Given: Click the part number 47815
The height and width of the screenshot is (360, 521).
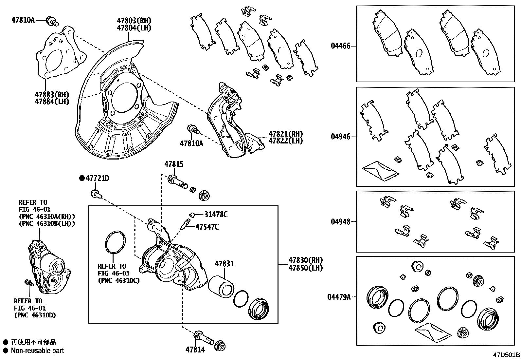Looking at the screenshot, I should coord(174,164).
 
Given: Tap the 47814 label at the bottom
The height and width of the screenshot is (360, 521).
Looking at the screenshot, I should coord(195,350).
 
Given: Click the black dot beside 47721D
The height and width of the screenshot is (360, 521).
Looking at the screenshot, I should coord(82,178).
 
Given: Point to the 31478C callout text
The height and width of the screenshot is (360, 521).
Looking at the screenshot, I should coord(216,215).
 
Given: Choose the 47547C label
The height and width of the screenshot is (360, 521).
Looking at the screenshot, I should coord(207,226).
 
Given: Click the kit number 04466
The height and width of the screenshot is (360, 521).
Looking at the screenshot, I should coord(340,46).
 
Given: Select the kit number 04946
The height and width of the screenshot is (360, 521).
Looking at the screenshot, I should coord(340,137).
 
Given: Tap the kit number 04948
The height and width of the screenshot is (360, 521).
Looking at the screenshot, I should coord(340,222).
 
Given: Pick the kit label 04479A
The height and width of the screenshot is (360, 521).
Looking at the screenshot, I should coord(339,297).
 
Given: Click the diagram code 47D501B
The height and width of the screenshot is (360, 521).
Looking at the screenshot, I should coord(507,355).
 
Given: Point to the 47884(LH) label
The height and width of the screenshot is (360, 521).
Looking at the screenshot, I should coord(52,102).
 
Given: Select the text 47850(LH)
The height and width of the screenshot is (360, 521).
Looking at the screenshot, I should coord(305,268).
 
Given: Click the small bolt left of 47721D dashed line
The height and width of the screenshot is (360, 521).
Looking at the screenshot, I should coord(95,194).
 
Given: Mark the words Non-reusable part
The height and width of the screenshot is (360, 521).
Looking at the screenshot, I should coord(37,351).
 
